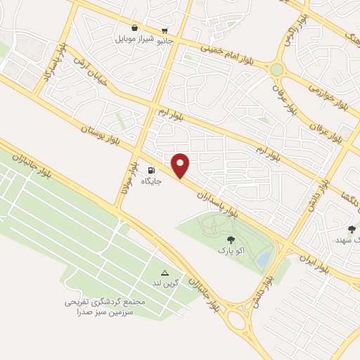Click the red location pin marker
coord(181,165)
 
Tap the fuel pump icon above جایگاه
coord(151,171)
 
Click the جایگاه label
coord(152,181)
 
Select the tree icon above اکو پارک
coord(231,240)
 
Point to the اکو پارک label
coord(231,250)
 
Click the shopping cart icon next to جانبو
coord(165,31)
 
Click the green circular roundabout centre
coord(277,70)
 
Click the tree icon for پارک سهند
coord(352,229)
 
